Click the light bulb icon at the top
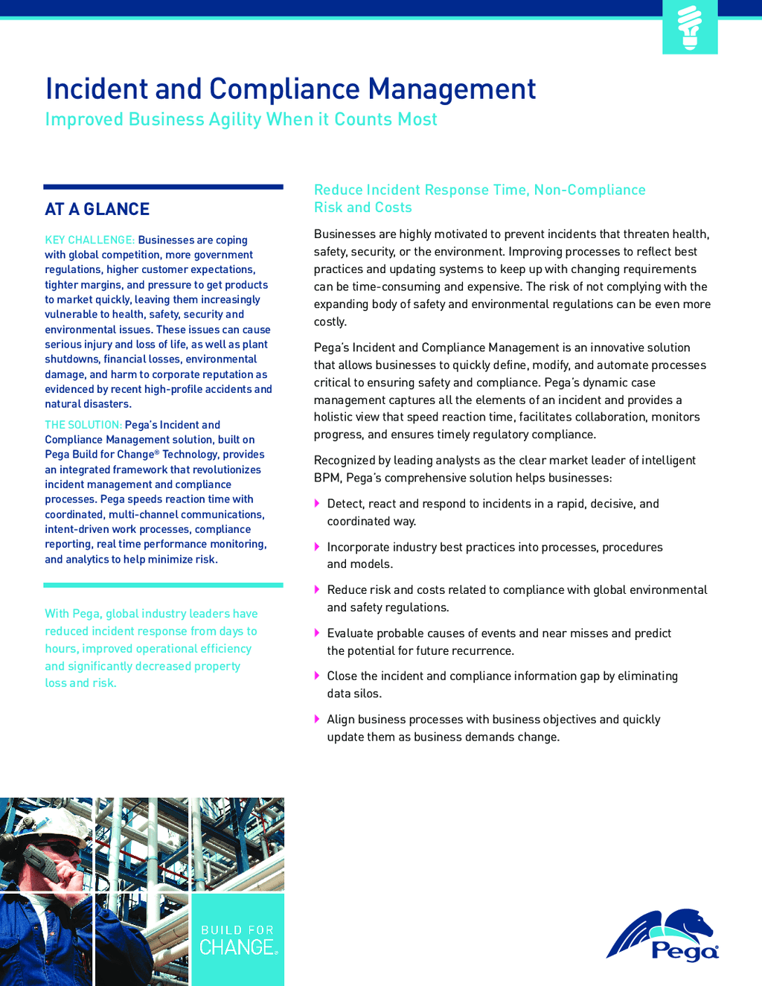690,28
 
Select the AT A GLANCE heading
97,209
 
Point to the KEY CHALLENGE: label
89,240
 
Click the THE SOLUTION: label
83,425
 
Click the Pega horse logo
663,935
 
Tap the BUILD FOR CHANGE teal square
237,940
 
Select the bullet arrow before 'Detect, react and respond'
318,504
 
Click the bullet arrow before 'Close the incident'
318,676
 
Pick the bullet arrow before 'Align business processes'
318,720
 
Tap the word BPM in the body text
327,478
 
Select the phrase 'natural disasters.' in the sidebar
88,404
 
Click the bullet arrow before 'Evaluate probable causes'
318,633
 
